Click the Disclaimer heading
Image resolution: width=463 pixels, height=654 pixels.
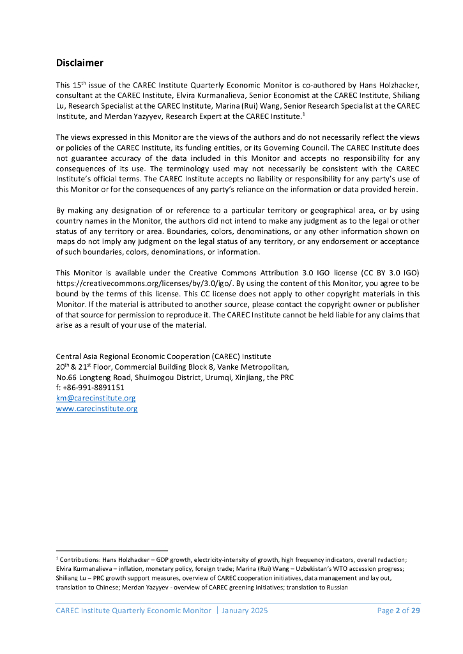click(x=80, y=63)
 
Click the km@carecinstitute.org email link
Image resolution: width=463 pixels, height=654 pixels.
click(x=96, y=398)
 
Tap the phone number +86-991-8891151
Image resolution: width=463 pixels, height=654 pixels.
click(x=94, y=387)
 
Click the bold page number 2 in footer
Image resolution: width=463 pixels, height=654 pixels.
click(x=397, y=611)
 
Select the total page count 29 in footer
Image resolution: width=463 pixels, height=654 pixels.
click(x=415, y=611)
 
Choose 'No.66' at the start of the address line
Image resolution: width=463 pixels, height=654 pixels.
click(x=66, y=377)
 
